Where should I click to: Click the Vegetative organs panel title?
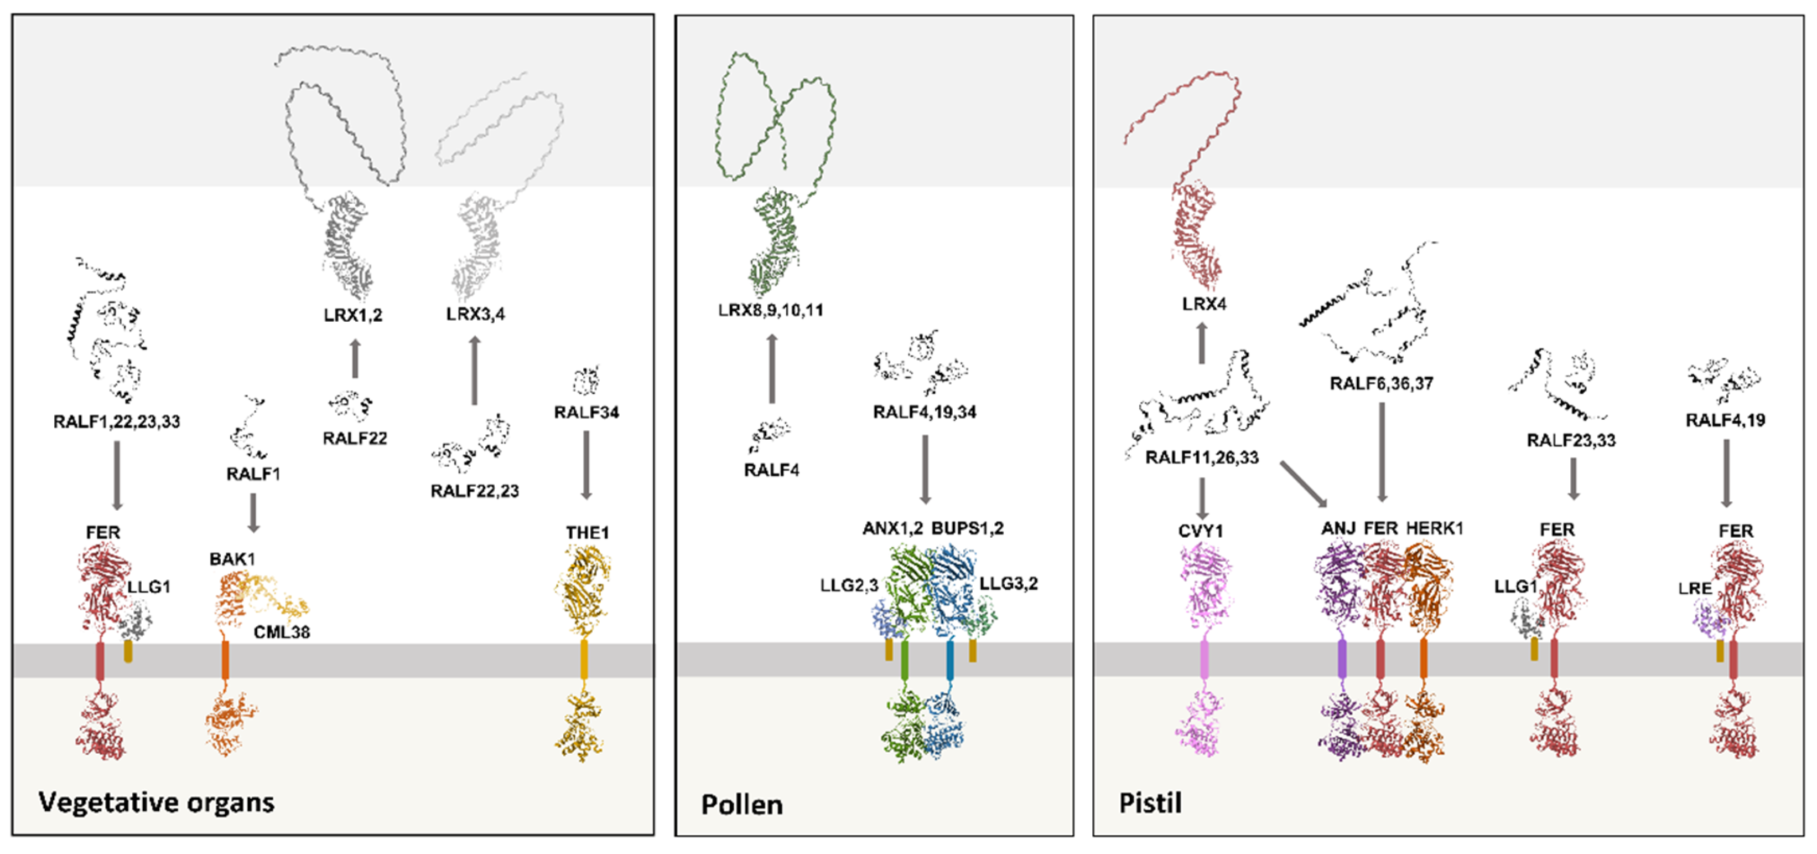[156, 802]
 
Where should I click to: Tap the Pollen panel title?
[741, 805]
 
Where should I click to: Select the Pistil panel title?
[1150, 803]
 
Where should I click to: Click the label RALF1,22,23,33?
[117, 421]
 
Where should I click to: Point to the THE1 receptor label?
[587, 532]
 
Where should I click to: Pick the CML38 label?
[282, 632]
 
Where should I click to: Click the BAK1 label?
[232, 559]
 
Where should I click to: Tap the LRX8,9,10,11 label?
[770, 310]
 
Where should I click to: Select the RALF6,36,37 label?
[1381, 383]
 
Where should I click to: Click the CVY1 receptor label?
[1201, 531]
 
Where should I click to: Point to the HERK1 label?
[1434, 528]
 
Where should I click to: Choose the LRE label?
[1694, 588]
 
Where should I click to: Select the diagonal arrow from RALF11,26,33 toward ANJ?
[1304, 483]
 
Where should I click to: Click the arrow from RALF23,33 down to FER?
[1573, 479]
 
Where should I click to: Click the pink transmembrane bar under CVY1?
[1204, 660]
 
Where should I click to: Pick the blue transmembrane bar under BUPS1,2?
[950, 660]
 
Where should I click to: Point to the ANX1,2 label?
[892, 528]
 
